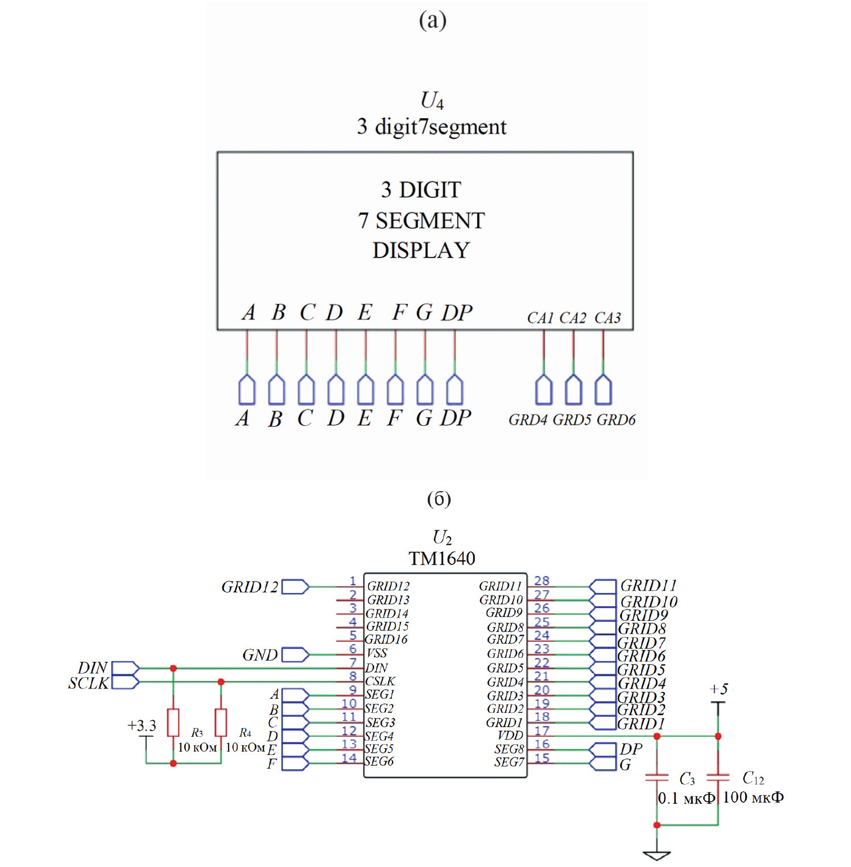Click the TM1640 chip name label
click(x=441, y=558)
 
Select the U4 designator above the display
click(x=432, y=101)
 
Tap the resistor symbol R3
click(x=173, y=722)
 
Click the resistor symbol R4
click(x=221, y=722)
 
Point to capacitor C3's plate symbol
click(x=657, y=777)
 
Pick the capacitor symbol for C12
click(x=718, y=777)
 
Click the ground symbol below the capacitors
click(x=656, y=854)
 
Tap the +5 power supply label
click(x=718, y=689)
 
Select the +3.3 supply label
click(x=141, y=725)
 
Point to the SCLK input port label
click(x=88, y=683)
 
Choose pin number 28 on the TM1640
click(x=542, y=580)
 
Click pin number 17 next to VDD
click(x=542, y=731)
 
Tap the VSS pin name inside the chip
click(x=377, y=653)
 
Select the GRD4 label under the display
click(x=527, y=420)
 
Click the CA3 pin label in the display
click(x=607, y=318)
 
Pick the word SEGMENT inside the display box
click(x=430, y=221)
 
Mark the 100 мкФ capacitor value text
click(x=753, y=798)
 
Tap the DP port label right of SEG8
click(x=631, y=749)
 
